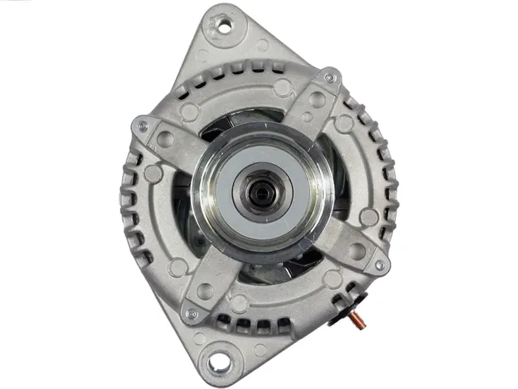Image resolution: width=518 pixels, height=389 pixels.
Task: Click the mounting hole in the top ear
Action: (225, 26)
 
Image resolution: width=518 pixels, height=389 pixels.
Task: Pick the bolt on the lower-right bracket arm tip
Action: (380, 265)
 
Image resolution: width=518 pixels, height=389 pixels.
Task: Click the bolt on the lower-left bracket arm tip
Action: (189, 312)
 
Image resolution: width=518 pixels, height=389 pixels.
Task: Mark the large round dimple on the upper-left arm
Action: (165, 139)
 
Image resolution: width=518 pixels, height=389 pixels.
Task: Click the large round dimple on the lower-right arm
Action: (357, 251)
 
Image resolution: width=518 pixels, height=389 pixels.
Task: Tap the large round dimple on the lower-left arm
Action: (205, 290)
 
